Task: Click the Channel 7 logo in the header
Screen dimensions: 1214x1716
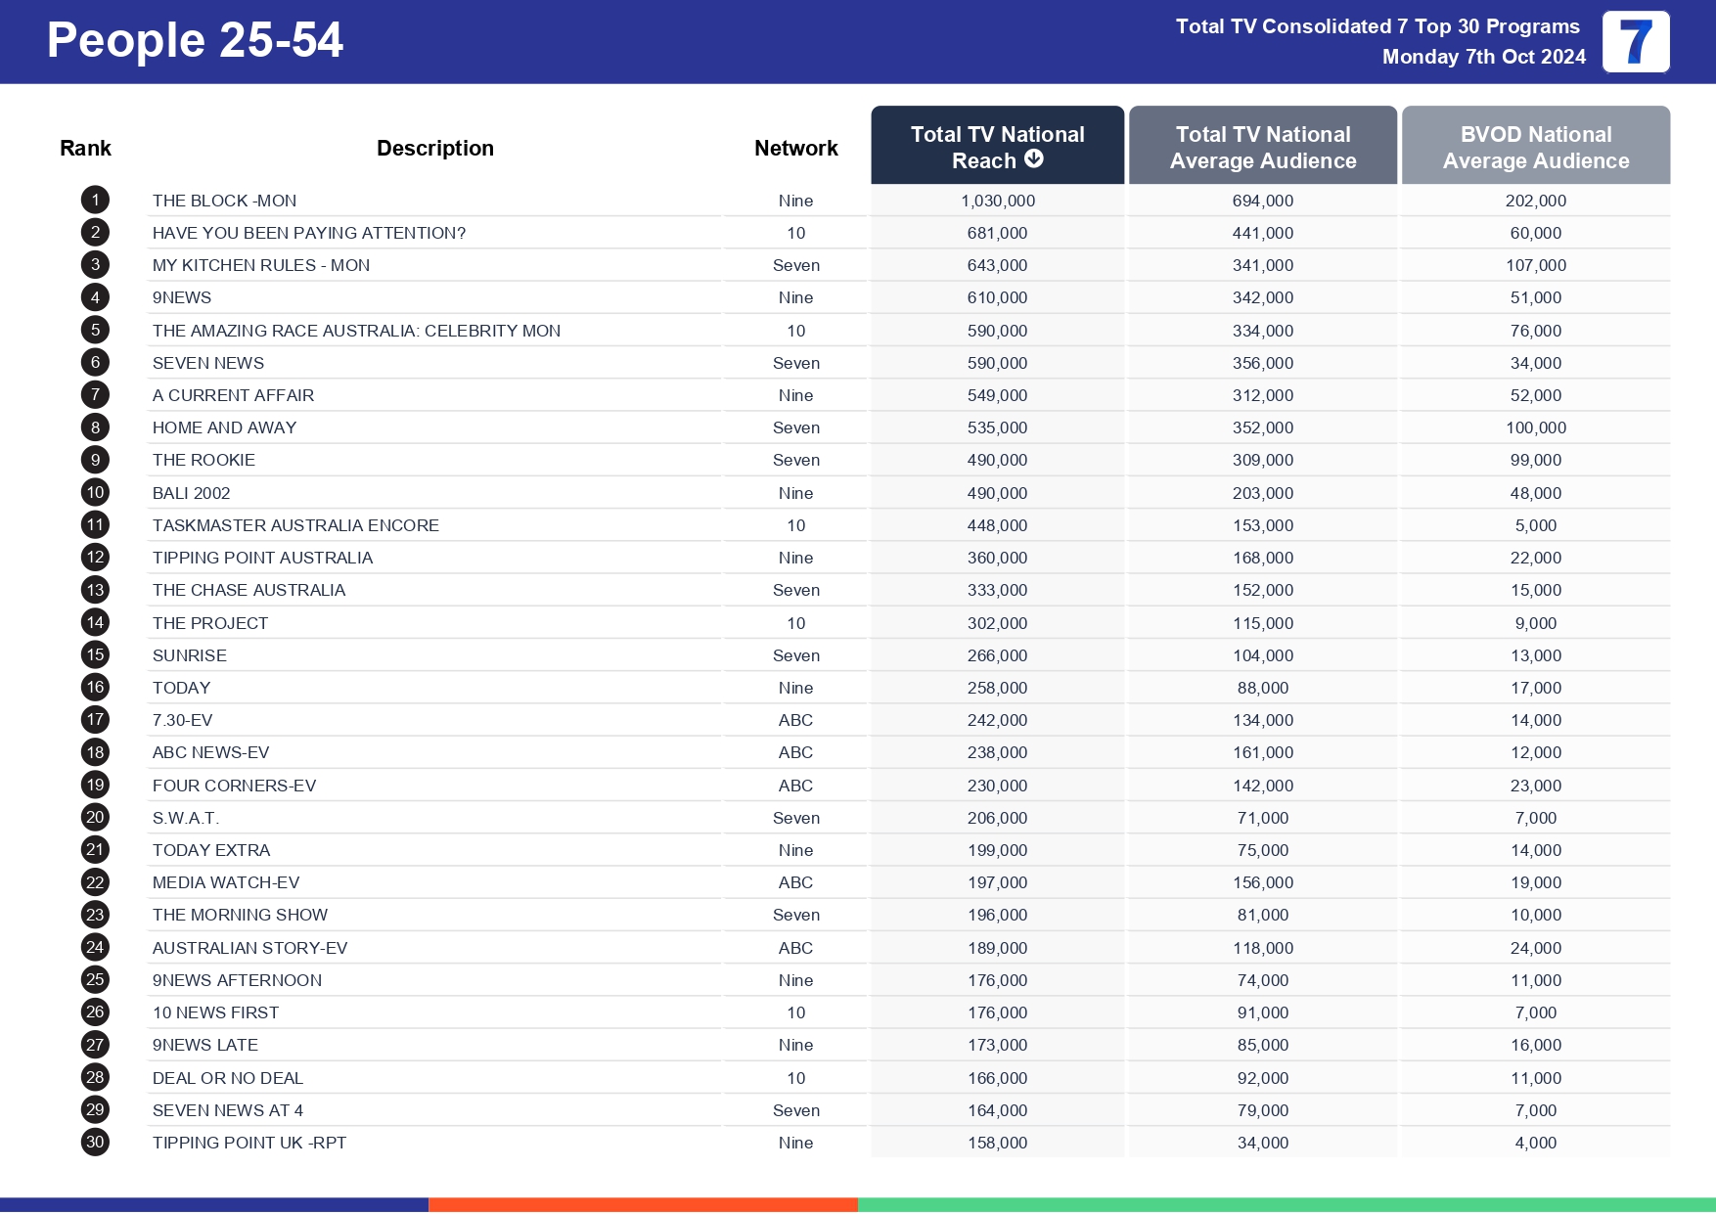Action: click(1636, 42)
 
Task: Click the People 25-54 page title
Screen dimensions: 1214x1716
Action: click(195, 41)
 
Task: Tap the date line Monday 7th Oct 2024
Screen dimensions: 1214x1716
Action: click(1483, 57)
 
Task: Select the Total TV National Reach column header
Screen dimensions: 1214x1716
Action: click(997, 146)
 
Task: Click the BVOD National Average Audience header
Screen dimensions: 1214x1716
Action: click(1535, 147)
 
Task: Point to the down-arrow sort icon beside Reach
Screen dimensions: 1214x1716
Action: click(1034, 159)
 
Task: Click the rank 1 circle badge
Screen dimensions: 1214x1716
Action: click(95, 201)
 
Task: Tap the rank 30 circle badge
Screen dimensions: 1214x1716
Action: click(95, 1143)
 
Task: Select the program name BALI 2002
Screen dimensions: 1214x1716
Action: click(192, 493)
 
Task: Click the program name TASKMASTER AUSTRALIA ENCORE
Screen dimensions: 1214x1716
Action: click(295, 525)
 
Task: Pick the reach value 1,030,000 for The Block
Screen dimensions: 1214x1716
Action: click(997, 201)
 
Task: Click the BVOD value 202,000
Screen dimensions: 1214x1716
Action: click(1535, 201)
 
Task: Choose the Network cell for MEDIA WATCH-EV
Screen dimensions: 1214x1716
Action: click(795, 882)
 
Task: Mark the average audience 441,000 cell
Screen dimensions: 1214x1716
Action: click(1262, 233)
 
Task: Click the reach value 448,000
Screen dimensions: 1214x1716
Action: click(997, 525)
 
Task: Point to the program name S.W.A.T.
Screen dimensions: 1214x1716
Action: click(186, 818)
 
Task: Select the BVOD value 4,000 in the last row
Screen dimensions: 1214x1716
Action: click(1535, 1143)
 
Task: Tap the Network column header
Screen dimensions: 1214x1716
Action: click(795, 149)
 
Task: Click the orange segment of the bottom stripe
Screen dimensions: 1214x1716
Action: click(643, 1204)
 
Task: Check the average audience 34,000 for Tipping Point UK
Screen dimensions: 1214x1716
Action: click(1262, 1143)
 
